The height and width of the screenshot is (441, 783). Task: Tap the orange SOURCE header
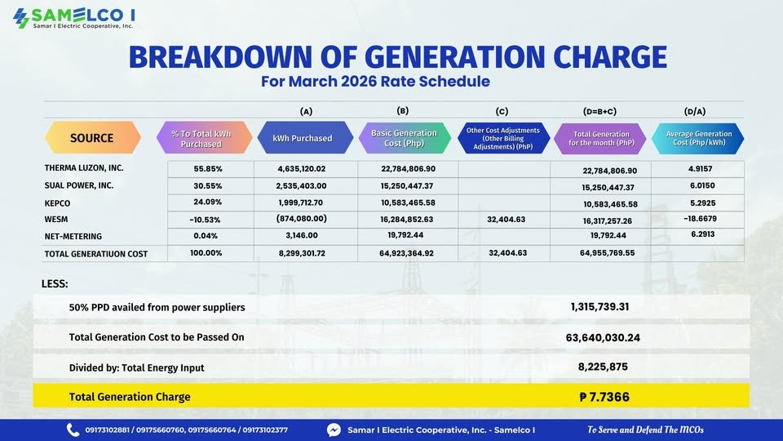click(91, 137)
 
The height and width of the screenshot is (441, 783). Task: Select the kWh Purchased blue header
click(302, 138)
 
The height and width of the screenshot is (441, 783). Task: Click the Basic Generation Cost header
click(404, 137)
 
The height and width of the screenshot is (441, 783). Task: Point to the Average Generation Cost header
click(699, 137)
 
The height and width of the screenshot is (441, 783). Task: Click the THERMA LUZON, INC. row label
click(84, 167)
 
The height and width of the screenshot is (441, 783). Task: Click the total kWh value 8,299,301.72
click(302, 253)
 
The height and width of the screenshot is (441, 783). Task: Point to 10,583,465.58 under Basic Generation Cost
click(407, 203)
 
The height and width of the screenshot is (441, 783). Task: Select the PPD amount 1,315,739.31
click(599, 306)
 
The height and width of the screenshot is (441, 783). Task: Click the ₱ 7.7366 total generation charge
click(604, 397)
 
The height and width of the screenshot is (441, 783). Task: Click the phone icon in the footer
click(73, 430)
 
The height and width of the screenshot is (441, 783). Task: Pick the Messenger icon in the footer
click(334, 430)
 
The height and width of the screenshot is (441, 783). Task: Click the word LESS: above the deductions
click(55, 283)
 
